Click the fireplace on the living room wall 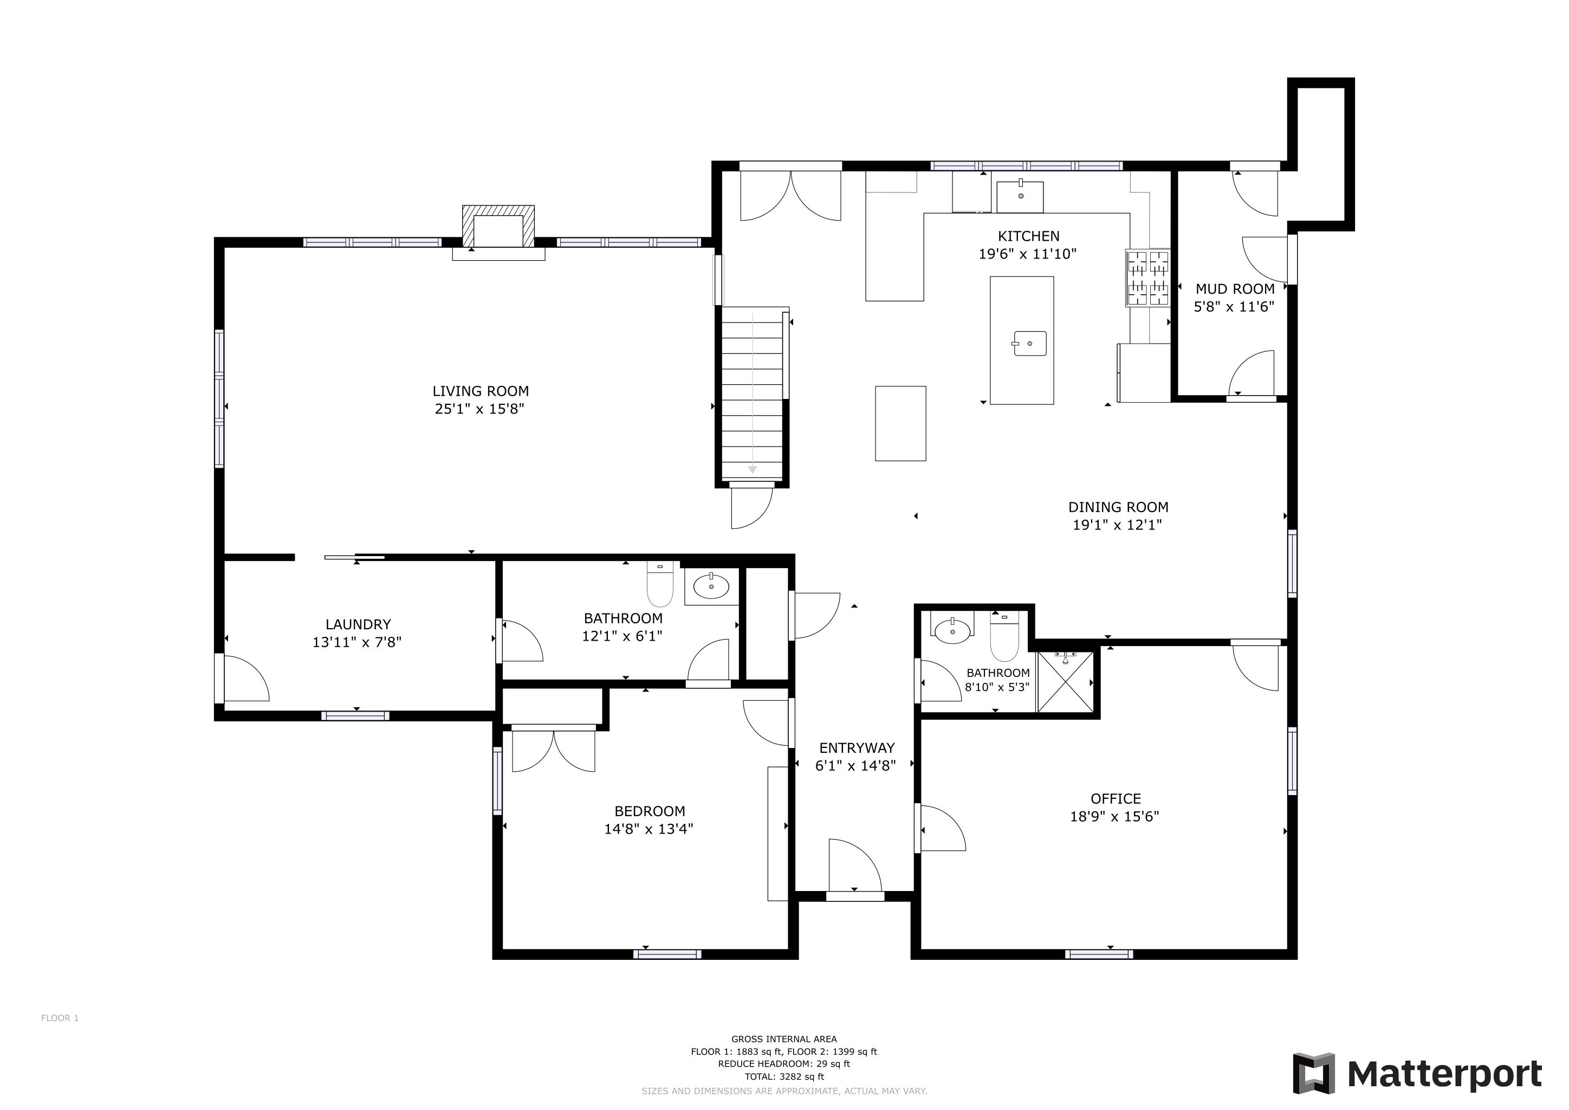point(498,228)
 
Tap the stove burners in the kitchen point(1148,277)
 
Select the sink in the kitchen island point(1030,343)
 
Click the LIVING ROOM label point(481,391)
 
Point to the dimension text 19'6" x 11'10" point(1027,254)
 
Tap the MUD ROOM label point(1235,289)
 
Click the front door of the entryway point(855,867)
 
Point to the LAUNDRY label point(358,624)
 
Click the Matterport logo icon point(1313,1073)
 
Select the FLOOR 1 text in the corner point(60,1018)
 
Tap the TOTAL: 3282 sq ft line point(784,1076)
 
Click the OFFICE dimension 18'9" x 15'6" point(1114,816)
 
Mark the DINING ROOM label point(1118,507)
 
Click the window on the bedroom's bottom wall point(667,954)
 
